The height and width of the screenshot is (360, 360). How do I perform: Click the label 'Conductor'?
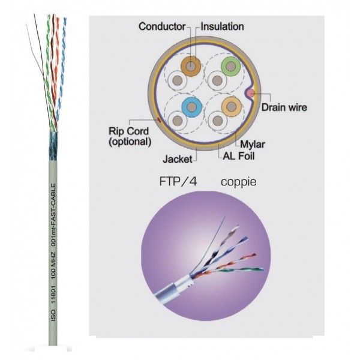(163, 26)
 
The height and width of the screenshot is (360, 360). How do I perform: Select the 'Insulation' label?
(222, 26)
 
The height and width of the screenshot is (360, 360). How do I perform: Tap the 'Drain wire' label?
(284, 108)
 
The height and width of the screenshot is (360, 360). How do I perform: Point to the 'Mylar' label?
(252, 143)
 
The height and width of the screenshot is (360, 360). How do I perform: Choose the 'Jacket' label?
(178, 160)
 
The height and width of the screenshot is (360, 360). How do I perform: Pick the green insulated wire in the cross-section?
(230, 65)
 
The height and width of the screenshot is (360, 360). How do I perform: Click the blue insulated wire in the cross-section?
(191, 107)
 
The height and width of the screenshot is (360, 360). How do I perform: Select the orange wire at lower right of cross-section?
(230, 106)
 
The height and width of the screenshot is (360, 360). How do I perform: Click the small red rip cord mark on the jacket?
(158, 120)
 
